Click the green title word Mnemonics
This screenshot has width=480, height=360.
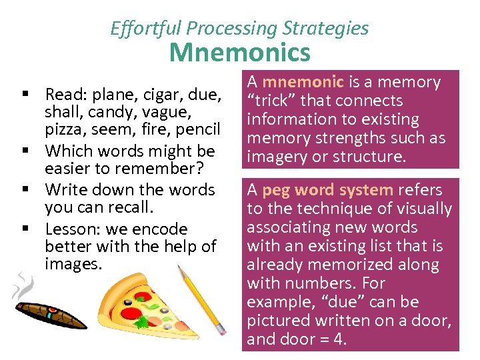tap(239, 52)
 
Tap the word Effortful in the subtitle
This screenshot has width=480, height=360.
tap(146, 28)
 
